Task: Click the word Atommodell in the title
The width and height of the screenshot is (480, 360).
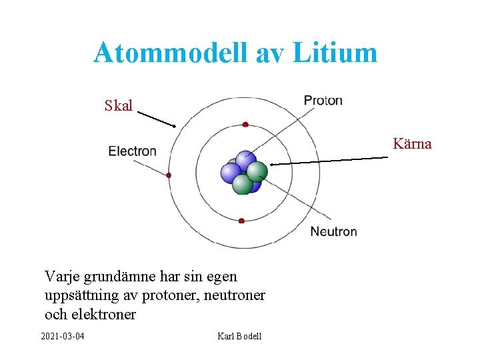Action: [171, 53]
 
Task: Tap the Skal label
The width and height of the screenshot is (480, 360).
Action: [119, 105]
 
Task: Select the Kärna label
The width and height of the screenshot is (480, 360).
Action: [412, 143]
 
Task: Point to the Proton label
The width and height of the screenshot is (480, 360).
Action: [323, 101]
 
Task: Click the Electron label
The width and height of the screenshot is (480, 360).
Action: [132, 151]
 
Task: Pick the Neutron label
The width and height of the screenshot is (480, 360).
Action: [333, 231]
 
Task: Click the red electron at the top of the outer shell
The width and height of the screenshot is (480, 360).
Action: [245, 125]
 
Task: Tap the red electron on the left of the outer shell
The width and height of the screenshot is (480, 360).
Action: [169, 175]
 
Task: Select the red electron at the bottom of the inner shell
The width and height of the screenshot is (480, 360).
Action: [241, 221]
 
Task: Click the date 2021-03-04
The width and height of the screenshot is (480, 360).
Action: [63, 335]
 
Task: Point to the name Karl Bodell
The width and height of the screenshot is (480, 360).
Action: [239, 335]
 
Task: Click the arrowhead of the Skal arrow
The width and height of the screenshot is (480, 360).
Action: [173, 125]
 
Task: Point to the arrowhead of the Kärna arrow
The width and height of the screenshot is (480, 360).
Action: [272, 163]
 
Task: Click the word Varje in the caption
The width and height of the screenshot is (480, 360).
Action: [61, 276]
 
